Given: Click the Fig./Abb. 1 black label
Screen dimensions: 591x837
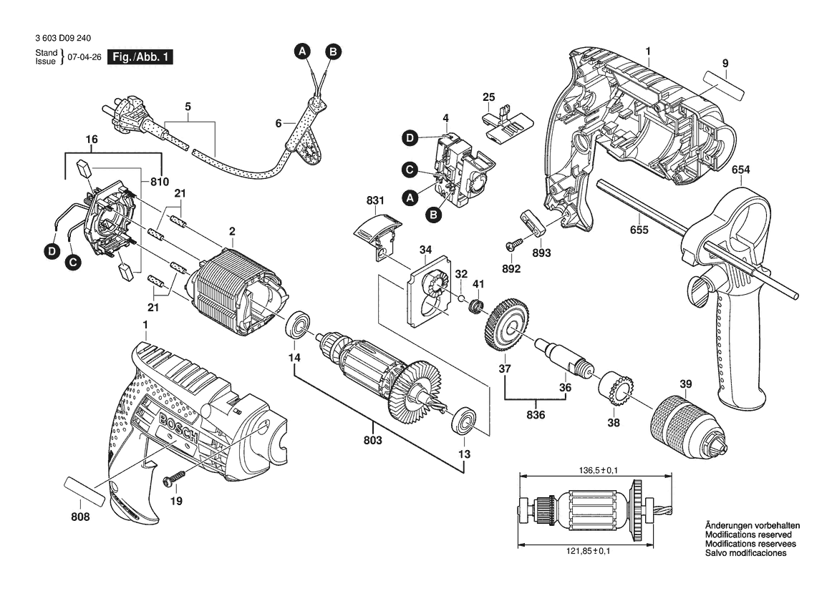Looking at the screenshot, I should pos(139,57).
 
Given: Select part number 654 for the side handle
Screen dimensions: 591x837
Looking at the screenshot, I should pos(741,170).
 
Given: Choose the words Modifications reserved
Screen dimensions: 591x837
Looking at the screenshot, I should pos(748,534).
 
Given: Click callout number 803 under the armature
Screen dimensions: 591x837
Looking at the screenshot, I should pos(372,439).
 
